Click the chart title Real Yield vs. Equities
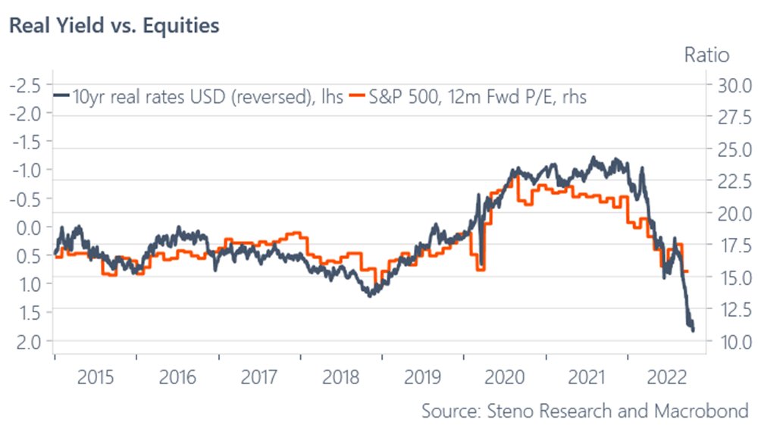click(x=114, y=26)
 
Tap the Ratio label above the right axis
click(x=706, y=55)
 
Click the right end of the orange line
click(x=687, y=271)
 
